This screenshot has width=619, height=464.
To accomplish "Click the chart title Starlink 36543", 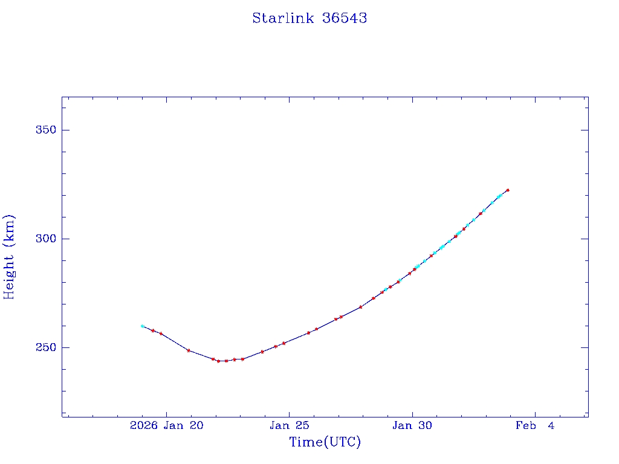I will coord(309,18).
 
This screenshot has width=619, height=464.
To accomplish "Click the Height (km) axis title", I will coord(9,257).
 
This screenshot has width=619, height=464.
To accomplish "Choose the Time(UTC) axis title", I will coord(325,442).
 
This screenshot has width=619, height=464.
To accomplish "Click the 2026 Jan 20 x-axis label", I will coord(166,426).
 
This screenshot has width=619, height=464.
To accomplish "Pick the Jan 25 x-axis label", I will coord(289,426).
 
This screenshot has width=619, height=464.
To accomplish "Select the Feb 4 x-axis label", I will coord(535,426).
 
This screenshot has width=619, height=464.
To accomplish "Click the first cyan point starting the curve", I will coord(142,326).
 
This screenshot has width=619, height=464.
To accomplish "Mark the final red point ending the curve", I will coord(508,190).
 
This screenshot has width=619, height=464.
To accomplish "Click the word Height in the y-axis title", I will coord(9,275).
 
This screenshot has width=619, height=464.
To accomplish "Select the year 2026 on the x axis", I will coord(144,426).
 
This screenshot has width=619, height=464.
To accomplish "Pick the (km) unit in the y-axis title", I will coord(9,230).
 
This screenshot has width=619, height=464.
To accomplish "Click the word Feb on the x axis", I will coord(527,426).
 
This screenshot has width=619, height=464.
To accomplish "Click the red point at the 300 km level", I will coord(456,236).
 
